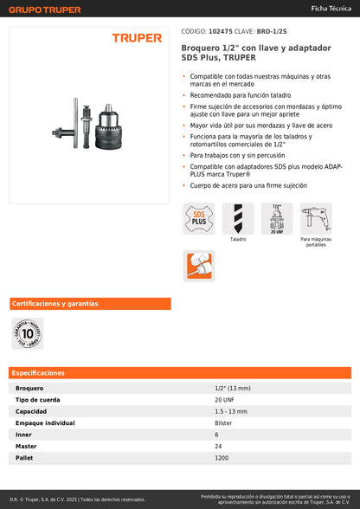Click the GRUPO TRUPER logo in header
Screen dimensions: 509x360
(44, 10)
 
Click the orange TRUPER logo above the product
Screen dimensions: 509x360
(137, 38)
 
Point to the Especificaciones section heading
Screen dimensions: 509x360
(40, 373)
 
